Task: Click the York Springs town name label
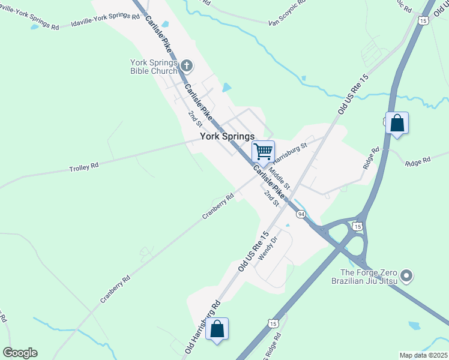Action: point(227,137)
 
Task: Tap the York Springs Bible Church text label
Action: point(154,67)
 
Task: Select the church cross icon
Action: point(187,65)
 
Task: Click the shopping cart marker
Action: point(263,151)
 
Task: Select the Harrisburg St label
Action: point(290,152)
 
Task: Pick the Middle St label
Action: point(279,177)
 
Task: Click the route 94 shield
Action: point(301,214)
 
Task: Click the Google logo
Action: point(20,353)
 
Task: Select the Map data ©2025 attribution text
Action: point(424,355)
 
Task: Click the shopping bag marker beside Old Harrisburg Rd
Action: point(217,329)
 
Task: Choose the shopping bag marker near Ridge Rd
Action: point(397,123)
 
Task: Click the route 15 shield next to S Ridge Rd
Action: point(273,323)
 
